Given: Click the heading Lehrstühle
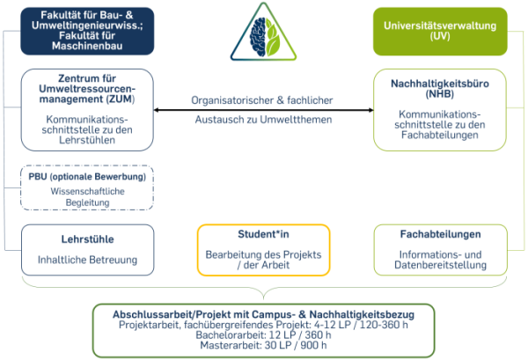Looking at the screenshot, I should (x=87, y=239).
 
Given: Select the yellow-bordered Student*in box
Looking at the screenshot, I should (x=263, y=249).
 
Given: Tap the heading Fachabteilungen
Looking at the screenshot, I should (x=439, y=235).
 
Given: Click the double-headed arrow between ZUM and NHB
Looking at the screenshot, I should (x=263, y=110).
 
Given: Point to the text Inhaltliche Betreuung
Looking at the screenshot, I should (x=87, y=260).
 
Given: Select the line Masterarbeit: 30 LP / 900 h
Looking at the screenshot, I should (x=263, y=347).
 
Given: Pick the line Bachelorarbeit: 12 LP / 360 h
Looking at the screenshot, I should (x=263, y=336).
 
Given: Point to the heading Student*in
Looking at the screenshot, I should (x=263, y=234).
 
